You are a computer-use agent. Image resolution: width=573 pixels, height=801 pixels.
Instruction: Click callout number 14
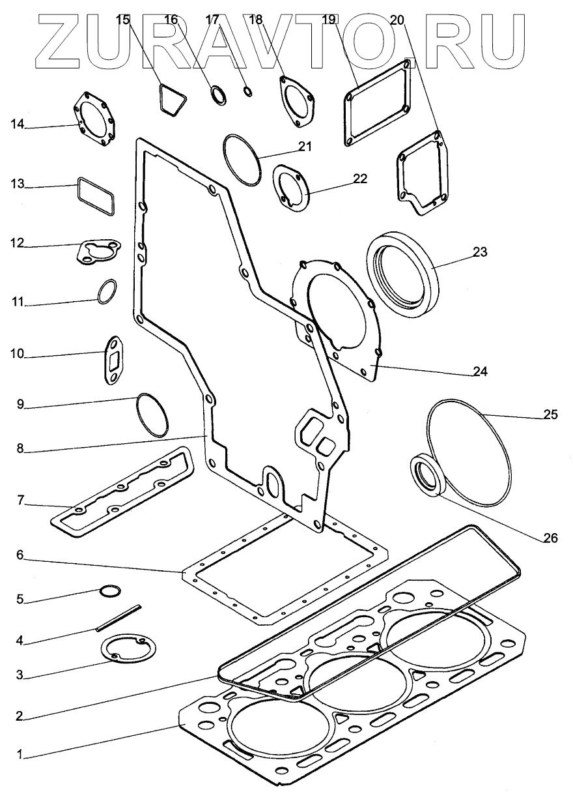tap(17, 124)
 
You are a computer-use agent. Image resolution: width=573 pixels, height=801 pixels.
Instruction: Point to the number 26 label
tap(551, 538)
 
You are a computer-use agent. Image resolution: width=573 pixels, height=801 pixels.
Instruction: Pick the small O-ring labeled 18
tap(248, 91)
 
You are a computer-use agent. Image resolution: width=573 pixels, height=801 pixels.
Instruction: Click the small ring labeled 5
tap(110, 591)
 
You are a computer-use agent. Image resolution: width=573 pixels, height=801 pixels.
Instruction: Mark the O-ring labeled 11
tap(107, 291)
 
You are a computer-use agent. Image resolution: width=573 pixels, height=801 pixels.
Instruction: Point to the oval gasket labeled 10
tap(113, 360)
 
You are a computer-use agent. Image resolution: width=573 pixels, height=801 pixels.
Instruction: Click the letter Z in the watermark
tap(64, 42)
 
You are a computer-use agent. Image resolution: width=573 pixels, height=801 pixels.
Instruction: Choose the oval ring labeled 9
tap(152, 415)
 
